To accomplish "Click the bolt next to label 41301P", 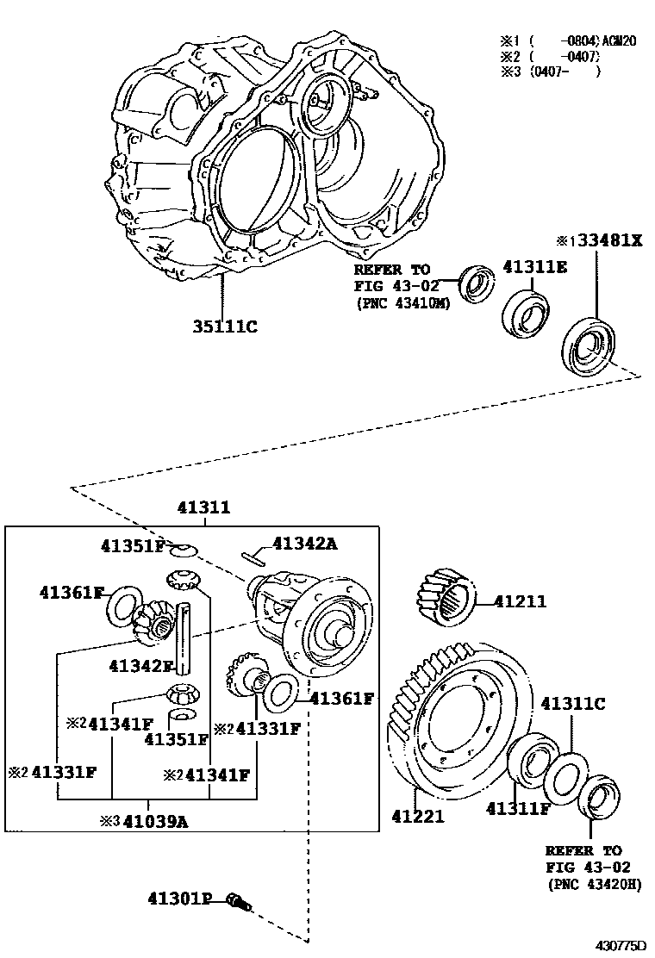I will tap(237, 902).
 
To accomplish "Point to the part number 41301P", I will tap(178, 899).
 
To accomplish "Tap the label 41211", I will tap(520, 601).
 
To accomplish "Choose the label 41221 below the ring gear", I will tap(418, 815).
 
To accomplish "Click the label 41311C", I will tap(572, 704).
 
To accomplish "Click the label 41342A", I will tap(305, 543).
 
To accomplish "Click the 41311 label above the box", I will tap(203, 508).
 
